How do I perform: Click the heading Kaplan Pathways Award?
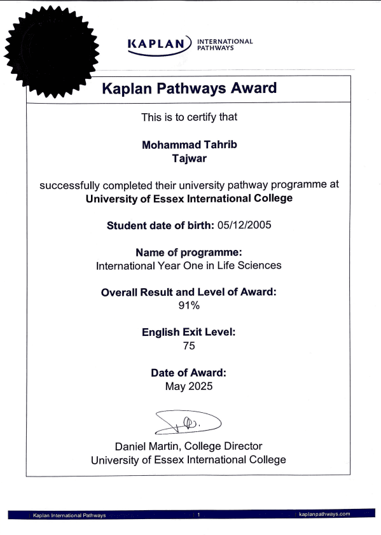pyautogui.click(x=190, y=88)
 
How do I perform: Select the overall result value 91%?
pyautogui.click(x=189, y=305)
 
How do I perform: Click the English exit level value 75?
pyautogui.click(x=189, y=346)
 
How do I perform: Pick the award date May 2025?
pyautogui.click(x=189, y=386)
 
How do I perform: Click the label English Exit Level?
pyautogui.click(x=189, y=332)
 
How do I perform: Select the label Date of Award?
pyautogui.click(x=189, y=373)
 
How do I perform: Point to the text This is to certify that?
pyautogui.click(x=189, y=117)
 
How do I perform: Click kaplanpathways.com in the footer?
pyautogui.click(x=324, y=513)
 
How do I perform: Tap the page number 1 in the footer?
pyautogui.click(x=198, y=514)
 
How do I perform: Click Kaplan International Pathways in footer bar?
pyautogui.click(x=69, y=514)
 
